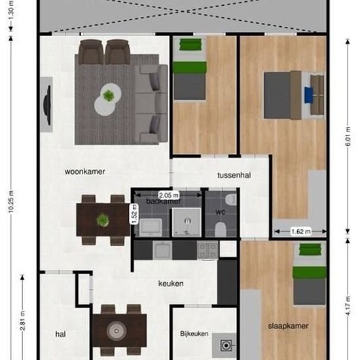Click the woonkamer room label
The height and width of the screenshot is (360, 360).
pyautogui.click(x=85, y=172)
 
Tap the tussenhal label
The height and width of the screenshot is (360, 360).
pyautogui.click(x=234, y=175)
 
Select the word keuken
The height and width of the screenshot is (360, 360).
pyautogui.click(x=171, y=283)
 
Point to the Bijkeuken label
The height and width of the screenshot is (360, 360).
pyautogui.click(x=194, y=334)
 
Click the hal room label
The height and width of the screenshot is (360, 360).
pyautogui.click(x=60, y=334)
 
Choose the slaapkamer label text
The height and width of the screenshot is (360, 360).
pyautogui.click(x=287, y=325)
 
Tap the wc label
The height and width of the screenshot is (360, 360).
pyautogui.click(x=220, y=213)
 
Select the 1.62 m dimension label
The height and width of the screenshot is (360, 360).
pyautogui.click(x=298, y=231)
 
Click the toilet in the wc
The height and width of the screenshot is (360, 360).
pyautogui.click(x=221, y=228)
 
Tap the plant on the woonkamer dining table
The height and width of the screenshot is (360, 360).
pyautogui.click(x=103, y=221)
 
